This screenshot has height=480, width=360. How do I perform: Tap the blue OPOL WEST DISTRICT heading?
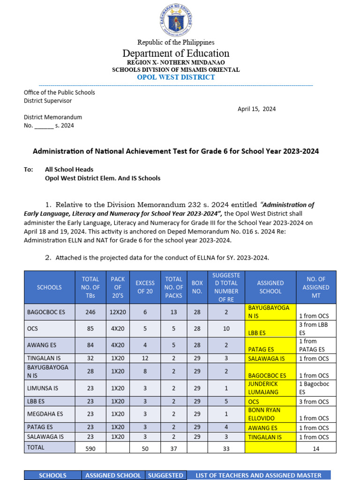pos(176,77)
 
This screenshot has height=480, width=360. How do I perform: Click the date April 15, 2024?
pos(256,109)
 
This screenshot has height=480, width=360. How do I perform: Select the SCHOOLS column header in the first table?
pos(49,287)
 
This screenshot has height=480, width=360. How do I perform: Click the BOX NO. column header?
pos(197,287)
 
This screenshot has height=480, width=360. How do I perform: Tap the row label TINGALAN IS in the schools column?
pos(45,358)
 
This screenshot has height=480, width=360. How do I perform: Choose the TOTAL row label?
pos(36,448)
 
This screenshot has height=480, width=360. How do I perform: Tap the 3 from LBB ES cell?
pos(315,329)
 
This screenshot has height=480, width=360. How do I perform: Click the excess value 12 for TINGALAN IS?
pos(145,358)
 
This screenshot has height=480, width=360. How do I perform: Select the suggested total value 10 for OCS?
pos(226,329)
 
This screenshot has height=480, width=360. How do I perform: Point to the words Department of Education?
pos(176,53)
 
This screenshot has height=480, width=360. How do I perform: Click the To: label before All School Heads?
pos(29,170)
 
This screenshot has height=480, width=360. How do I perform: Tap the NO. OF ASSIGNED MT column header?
pos(315,287)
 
